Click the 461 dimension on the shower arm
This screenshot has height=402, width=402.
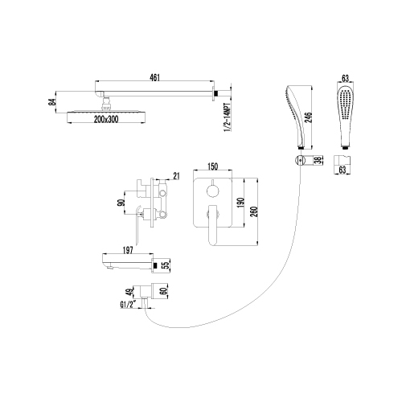[x=155, y=77]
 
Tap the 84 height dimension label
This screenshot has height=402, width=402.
[x=53, y=102]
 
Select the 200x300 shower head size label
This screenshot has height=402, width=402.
[x=106, y=119]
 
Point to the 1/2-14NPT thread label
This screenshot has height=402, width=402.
[x=228, y=117]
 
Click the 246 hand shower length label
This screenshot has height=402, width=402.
[x=309, y=117]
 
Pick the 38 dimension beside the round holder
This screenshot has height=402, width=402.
[x=318, y=161]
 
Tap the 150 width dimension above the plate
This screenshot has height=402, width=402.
[x=212, y=166]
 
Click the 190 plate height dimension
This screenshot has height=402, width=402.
[x=240, y=203]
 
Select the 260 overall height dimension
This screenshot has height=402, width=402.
[x=254, y=211]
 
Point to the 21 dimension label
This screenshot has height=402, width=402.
[x=176, y=176]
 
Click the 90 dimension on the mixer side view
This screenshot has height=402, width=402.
[x=121, y=203]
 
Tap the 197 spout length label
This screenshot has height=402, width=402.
[x=128, y=250]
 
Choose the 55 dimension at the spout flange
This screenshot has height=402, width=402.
[x=166, y=265]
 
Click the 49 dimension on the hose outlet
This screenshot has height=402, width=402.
[x=130, y=293]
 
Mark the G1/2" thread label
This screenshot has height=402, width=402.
[x=129, y=305]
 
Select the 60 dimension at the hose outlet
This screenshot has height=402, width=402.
[x=165, y=291]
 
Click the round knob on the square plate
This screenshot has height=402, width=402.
[x=213, y=191]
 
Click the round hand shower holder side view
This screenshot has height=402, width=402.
[x=300, y=161]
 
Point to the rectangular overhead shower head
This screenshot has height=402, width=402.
[x=106, y=117]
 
